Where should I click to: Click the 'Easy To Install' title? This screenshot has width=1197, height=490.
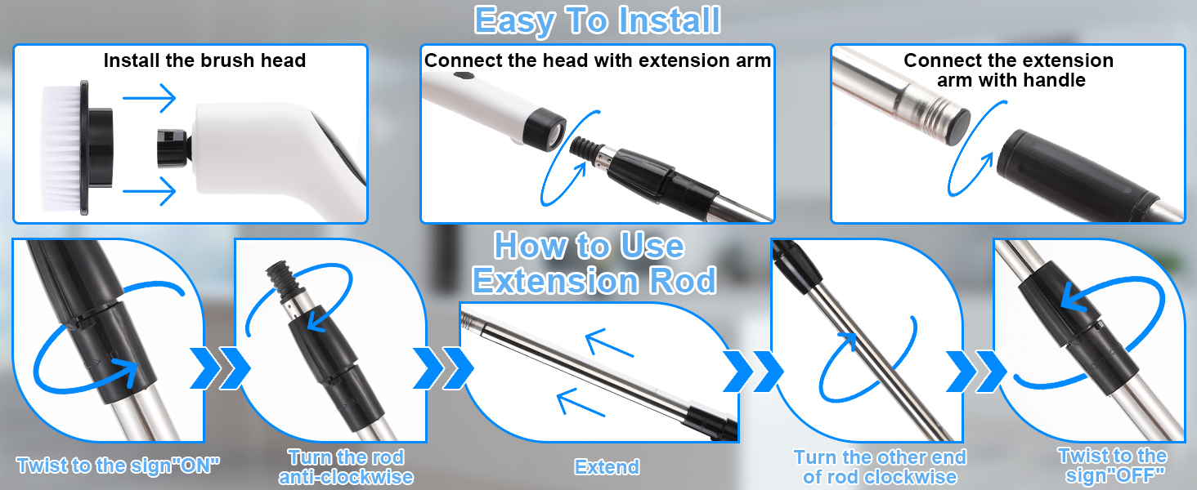pos(598,20)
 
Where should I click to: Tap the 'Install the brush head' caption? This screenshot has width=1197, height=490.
pos(204,60)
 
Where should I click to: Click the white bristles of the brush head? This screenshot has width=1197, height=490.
pos(61,148)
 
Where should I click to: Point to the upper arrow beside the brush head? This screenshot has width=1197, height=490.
pos(149,98)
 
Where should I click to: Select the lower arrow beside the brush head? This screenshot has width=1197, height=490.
pos(149,191)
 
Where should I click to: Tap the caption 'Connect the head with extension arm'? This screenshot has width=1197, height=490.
pos(598,60)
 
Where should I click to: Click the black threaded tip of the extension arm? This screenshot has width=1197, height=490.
pos(584,147)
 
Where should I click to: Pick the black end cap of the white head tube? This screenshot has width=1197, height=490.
pos(544,129)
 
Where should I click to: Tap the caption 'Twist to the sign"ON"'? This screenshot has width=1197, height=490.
pos(118,465)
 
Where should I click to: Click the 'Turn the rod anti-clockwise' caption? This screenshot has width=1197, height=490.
pos(347,467)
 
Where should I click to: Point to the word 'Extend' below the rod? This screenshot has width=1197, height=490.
pos(607,467)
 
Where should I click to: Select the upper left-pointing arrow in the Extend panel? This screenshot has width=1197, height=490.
pos(609,343)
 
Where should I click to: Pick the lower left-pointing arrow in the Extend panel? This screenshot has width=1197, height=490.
pos(581,403)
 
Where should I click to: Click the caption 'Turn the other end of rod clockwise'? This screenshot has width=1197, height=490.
pos(880,467)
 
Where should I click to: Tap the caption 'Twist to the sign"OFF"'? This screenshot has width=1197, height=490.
pos(1113,465)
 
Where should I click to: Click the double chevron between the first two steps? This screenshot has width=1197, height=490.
pos(220,368)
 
